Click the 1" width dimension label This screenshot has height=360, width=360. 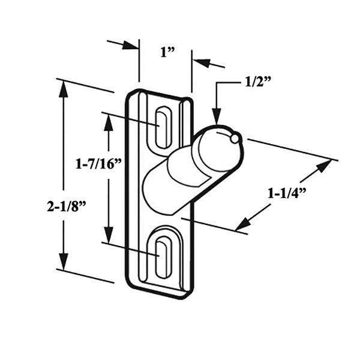[x=167, y=52]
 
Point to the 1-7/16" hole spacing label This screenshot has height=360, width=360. [x=98, y=163]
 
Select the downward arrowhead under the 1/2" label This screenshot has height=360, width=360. [x=217, y=118]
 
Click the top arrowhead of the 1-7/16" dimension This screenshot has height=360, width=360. [x=109, y=121]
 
